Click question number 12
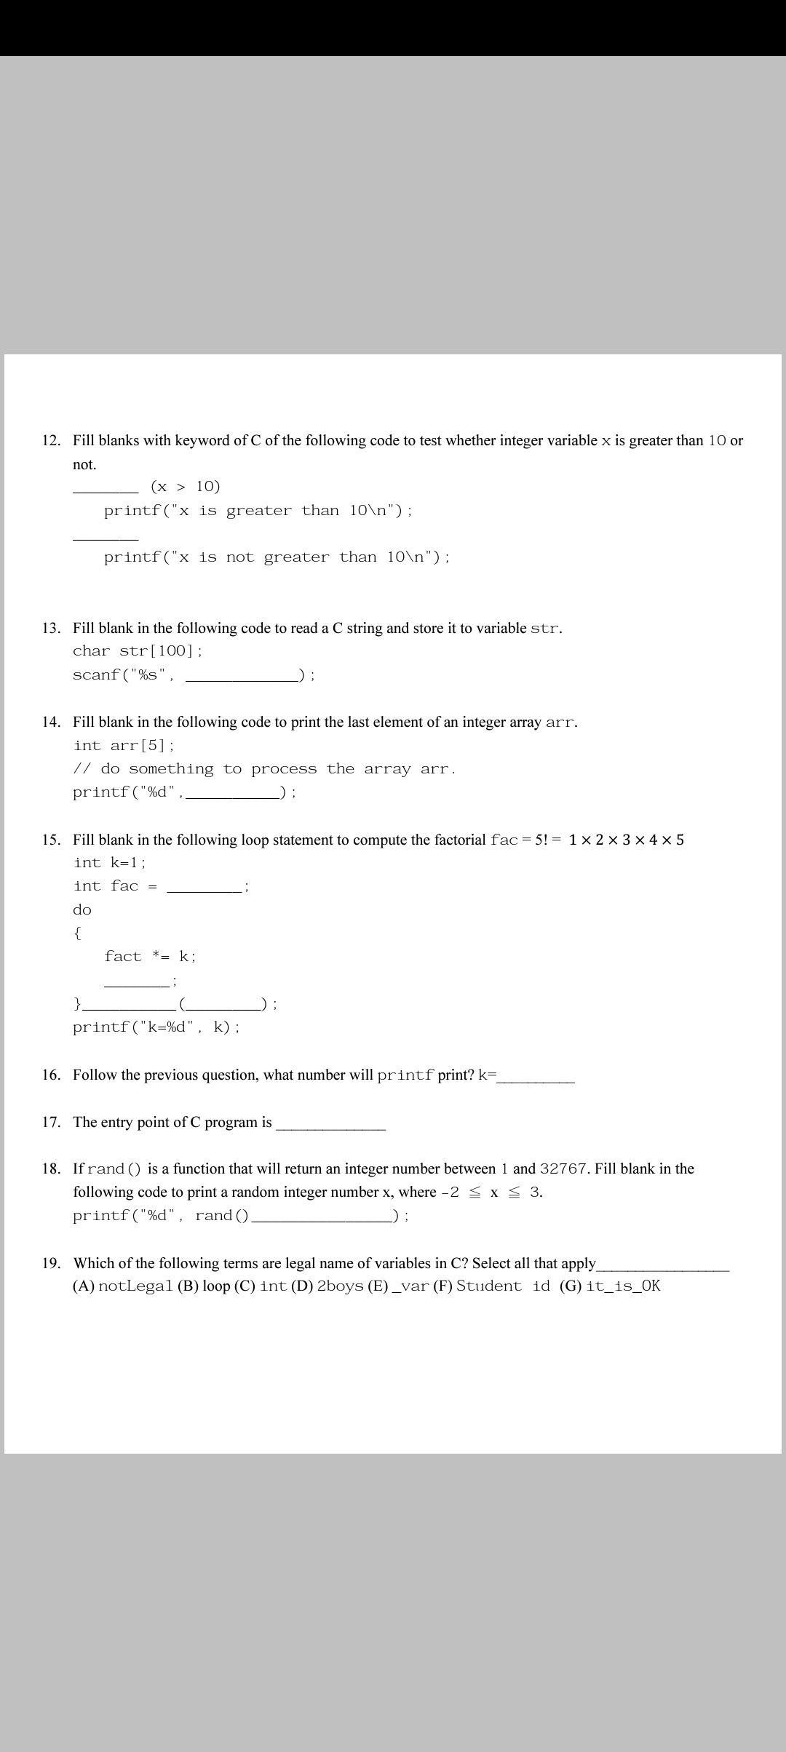pos(51,441)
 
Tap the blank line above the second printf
pos(106,538)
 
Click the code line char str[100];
pos(138,651)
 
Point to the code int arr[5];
pos(124,746)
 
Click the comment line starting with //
pos(264,769)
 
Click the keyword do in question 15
pos(82,909)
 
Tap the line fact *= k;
pos(150,956)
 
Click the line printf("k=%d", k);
pos(156,1027)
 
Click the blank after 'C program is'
pos(330,1127)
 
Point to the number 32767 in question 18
pos(563,1169)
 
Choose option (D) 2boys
pos(327,1286)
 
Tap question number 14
pos(51,722)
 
